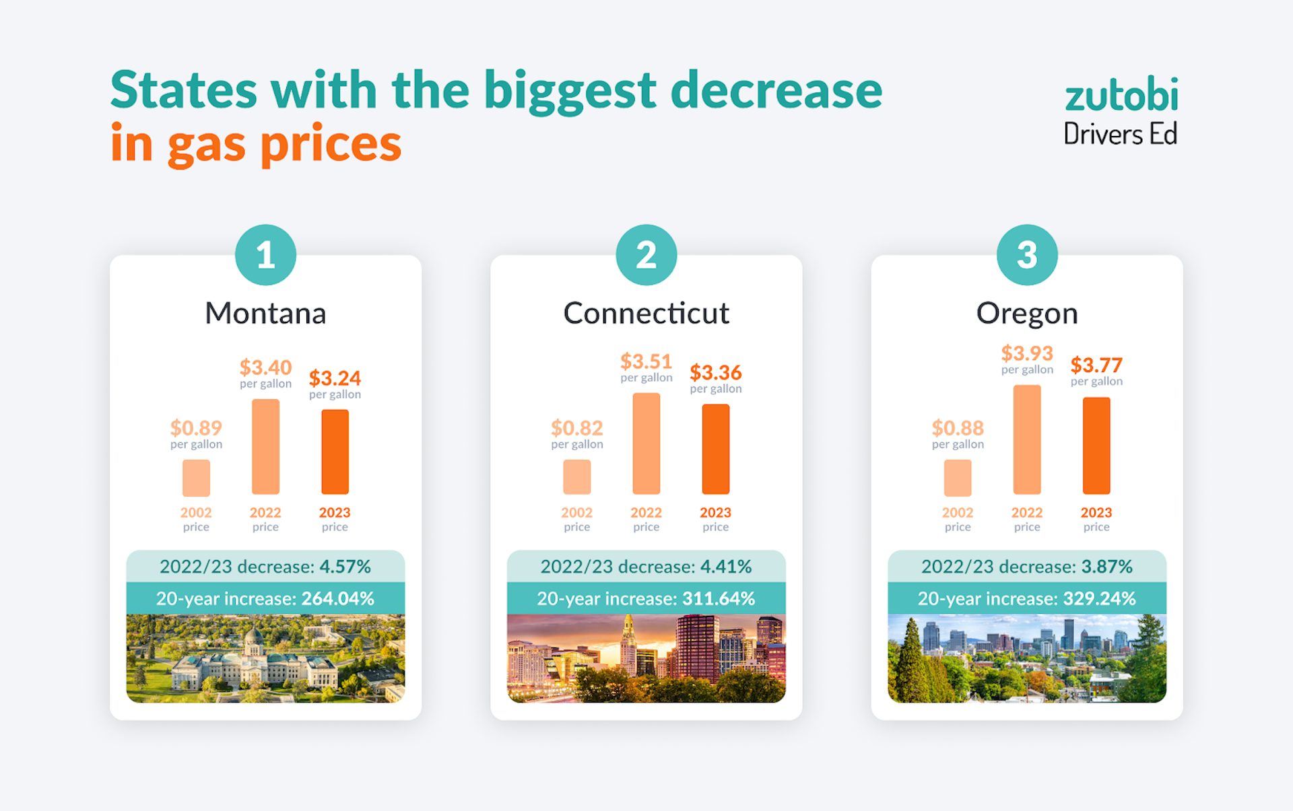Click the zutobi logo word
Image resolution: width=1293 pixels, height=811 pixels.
coord(1121,96)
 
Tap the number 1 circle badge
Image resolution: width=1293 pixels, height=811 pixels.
coord(265,255)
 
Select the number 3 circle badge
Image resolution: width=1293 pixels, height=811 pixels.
coord(1026,255)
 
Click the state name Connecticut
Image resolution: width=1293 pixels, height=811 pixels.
coord(646,313)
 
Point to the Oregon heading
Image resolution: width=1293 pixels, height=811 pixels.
coord(1026,314)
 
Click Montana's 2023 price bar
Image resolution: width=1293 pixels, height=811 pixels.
coord(335,452)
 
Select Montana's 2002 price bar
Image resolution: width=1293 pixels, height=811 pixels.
coord(196,478)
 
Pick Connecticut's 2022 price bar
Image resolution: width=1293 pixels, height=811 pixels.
coord(646,444)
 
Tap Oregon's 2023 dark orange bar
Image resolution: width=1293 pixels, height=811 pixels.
coord(1096,446)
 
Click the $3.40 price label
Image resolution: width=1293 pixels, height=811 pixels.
coord(265,367)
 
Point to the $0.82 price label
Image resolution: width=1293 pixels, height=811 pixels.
coord(576,428)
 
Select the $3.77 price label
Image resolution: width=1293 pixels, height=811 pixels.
coord(1096,365)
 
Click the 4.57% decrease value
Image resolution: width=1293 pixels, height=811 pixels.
coord(345,567)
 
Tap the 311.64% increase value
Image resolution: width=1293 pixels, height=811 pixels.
coord(718,598)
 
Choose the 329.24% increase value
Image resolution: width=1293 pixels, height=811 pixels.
coord(1099,598)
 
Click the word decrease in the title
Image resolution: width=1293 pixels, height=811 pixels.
coord(776,91)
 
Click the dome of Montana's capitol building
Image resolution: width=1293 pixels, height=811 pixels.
coord(253,637)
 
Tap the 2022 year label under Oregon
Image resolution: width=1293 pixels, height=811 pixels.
coord(1026,512)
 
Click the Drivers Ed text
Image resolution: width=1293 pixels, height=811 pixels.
coord(1120,134)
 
